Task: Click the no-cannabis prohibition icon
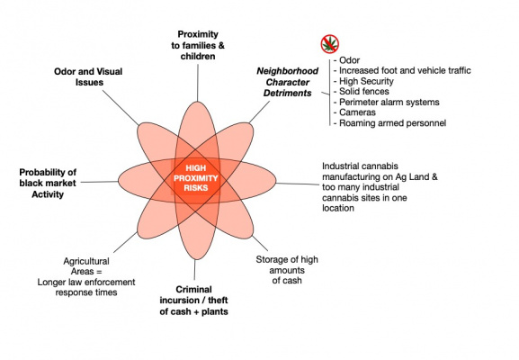tap(330, 44)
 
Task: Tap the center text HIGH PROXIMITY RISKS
tap(195, 178)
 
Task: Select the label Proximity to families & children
tap(198, 45)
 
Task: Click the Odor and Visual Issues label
tap(88, 76)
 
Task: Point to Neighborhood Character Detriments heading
tap(287, 82)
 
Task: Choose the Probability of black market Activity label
tap(48, 183)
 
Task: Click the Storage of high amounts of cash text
tap(287, 270)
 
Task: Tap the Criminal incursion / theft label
tap(193, 301)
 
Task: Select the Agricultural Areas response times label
tap(86, 276)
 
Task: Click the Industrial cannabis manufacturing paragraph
tap(380, 187)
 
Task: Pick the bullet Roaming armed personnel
tap(389, 123)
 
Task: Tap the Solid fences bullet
tap(361, 92)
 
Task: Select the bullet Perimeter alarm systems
tap(386, 102)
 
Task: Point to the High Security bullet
tap(363, 81)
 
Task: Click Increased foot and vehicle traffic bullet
tap(402, 70)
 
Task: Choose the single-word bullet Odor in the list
tap(346, 60)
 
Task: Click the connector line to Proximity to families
tap(198, 83)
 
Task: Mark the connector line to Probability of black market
tap(99, 182)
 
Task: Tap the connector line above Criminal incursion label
tap(194, 270)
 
